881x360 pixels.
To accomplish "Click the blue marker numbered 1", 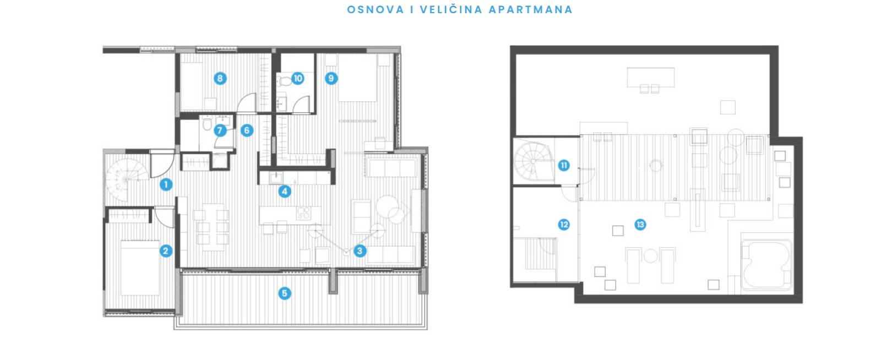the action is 166,184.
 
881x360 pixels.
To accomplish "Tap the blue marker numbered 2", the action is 166,251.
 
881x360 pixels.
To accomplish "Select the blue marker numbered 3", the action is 360,251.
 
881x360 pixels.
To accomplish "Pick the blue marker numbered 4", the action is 285,192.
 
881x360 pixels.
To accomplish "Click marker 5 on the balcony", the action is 285,293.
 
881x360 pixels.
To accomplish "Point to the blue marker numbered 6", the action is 247,130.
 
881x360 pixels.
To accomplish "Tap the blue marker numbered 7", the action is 220,130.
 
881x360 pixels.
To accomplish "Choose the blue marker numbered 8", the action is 220,78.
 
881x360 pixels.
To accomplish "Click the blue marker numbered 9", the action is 331,78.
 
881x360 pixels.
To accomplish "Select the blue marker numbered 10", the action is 298,78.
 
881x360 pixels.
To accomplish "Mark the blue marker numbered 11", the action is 564,166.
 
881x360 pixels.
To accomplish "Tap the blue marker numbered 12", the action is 564,225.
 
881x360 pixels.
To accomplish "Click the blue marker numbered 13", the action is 640,225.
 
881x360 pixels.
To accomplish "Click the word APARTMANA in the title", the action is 531,9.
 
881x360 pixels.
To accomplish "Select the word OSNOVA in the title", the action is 376,9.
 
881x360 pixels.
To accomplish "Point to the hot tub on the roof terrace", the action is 766,265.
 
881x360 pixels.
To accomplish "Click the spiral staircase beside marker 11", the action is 534,161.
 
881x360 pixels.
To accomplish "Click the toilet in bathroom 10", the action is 285,81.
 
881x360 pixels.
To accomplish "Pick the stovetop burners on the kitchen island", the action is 303,214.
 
